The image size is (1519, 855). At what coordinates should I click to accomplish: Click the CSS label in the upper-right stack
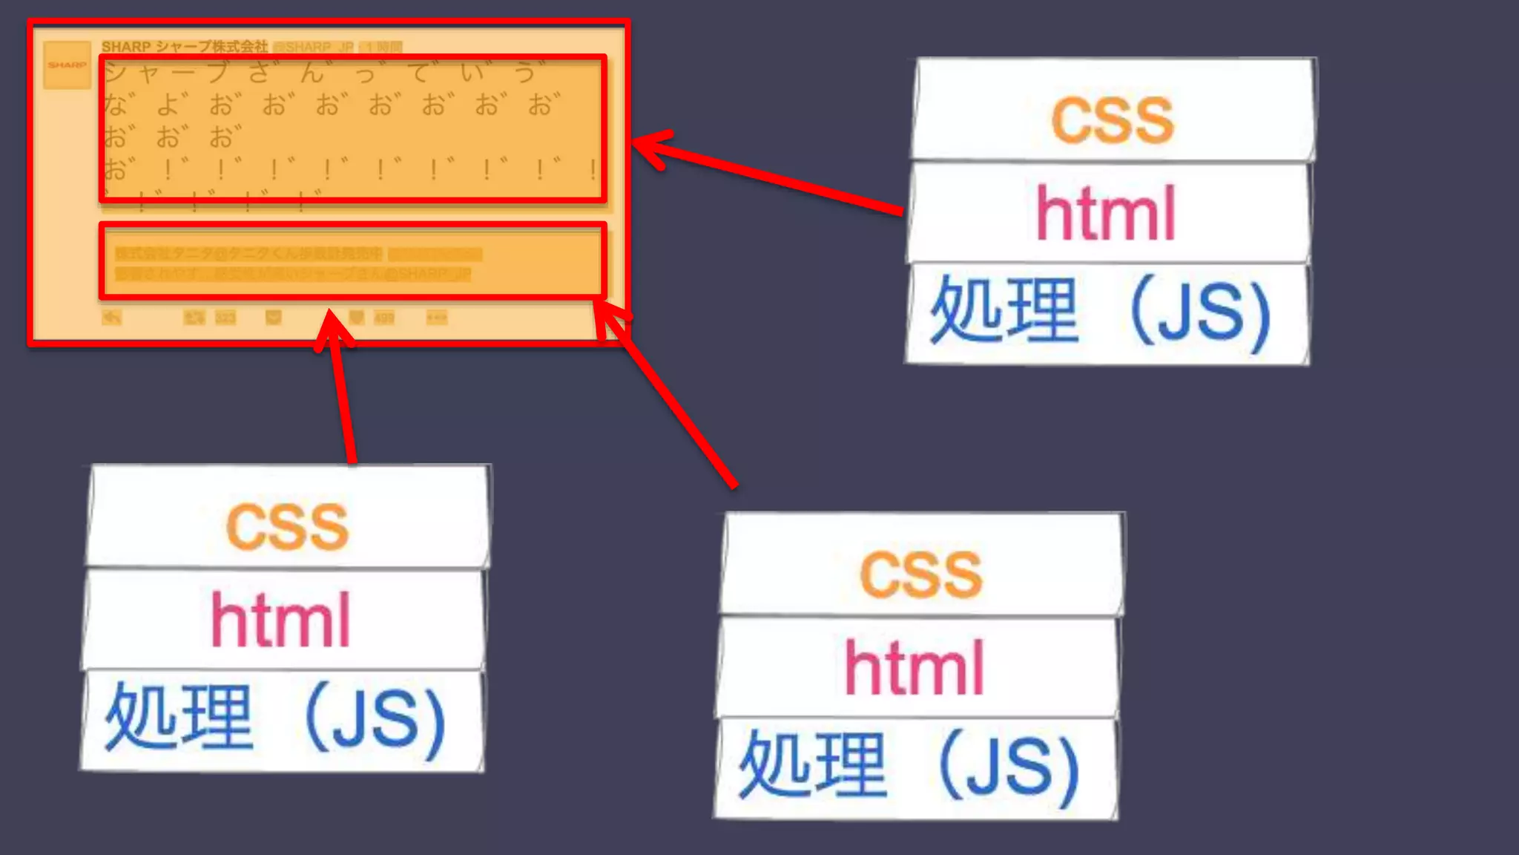point(1113,119)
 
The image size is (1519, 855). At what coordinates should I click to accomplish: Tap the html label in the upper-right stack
point(1106,214)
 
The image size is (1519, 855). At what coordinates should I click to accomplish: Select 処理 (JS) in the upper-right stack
point(1101,312)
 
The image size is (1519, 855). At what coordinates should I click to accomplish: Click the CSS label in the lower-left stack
point(287,526)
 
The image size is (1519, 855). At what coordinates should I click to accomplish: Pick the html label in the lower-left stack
point(280,620)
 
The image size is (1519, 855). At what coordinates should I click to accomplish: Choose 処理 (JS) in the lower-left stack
point(276,718)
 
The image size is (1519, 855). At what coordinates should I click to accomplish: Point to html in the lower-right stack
point(915,668)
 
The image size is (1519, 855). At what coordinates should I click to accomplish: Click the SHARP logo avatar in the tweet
point(67,65)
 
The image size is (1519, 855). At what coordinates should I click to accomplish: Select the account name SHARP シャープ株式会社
point(185,47)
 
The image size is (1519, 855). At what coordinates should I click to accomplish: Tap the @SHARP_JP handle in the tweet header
point(314,47)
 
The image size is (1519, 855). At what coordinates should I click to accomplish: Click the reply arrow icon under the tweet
point(111,318)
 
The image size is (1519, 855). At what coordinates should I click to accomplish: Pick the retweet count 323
point(225,318)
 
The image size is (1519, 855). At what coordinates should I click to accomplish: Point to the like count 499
point(384,318)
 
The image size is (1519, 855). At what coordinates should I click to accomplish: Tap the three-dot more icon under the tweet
point(436,318)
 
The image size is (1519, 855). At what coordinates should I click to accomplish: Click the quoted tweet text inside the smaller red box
point(293,263)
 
